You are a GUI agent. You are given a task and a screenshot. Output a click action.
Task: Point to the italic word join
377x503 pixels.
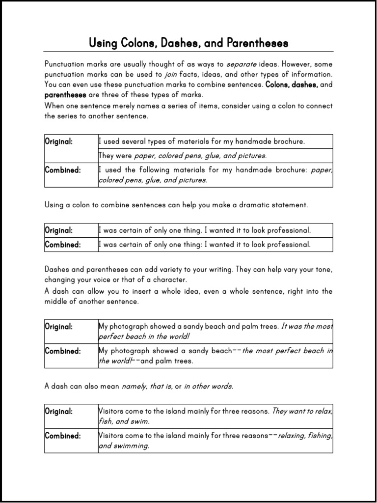[x=170, y=75]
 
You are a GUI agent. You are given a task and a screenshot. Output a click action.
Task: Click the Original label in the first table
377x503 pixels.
[x=59, y=141]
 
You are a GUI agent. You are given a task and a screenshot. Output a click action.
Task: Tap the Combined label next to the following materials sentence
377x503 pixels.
[x=63, y=170]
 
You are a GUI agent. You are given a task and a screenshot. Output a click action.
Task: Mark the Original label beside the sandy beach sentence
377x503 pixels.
[x=59, y=326]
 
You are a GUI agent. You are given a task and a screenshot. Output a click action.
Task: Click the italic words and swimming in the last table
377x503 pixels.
[x=124, y=446]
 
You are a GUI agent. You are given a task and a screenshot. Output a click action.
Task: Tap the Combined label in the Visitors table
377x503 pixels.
[x=63, y=436]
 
